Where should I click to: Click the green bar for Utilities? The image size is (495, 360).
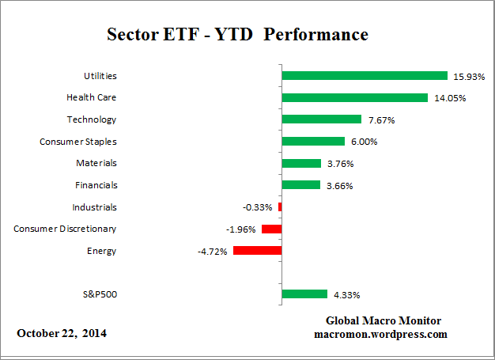365,76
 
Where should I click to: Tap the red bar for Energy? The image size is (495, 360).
257,251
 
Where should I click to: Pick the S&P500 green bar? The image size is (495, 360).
304,294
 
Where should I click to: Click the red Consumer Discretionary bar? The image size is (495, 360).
272,229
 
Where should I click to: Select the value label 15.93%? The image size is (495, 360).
467,77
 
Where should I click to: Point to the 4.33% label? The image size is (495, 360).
346,295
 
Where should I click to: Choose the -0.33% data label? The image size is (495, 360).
258,207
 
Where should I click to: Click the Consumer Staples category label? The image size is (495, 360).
78,142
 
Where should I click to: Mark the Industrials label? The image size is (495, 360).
94,207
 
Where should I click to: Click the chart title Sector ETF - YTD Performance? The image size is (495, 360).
237,36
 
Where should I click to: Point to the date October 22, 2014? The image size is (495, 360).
62,333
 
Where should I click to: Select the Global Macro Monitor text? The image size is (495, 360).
384,320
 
